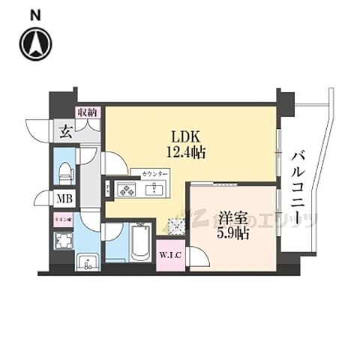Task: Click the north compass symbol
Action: (35, 44)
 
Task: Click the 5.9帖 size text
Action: (231, 233)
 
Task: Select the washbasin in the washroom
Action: (88, 262)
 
